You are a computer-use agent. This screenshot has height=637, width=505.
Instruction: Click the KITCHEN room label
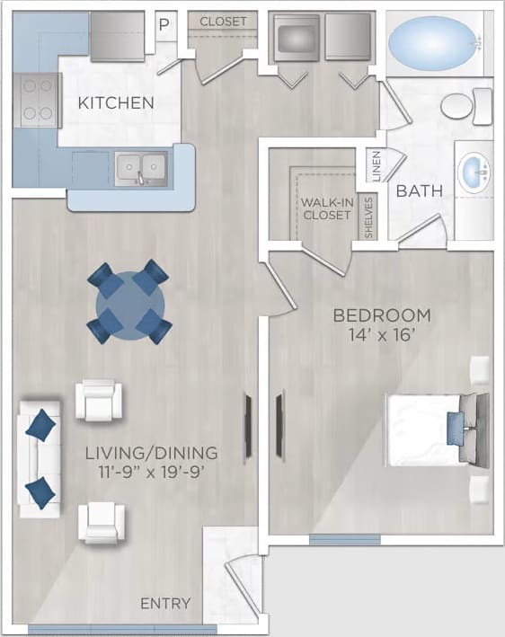(116, 102)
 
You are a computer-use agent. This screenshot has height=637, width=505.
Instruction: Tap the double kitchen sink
(141, 167)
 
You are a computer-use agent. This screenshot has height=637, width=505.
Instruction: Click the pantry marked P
(164, 24)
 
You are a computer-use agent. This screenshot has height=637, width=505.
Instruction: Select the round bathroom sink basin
(473, 170)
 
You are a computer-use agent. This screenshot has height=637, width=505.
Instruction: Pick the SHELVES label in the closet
(368, 217)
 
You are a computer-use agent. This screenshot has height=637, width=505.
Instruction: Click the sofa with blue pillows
(39, 458)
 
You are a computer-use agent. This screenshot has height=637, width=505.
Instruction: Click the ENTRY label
(165, 603)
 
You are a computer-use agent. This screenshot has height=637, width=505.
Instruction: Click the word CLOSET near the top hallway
(224, 21)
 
